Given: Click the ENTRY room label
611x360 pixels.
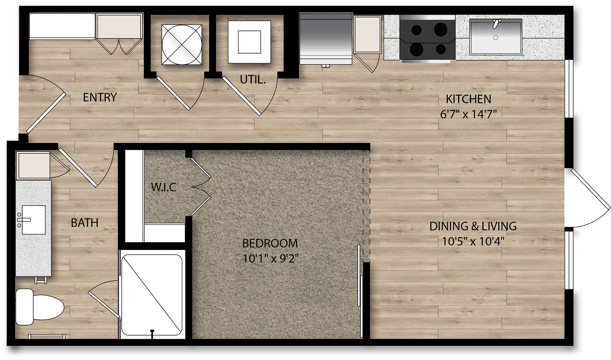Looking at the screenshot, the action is [100, 97].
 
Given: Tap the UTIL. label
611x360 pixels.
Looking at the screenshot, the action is [253, 80].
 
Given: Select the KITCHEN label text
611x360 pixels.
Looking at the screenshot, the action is [468, 99].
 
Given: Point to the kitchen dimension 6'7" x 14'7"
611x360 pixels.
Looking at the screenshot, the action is [468, 114].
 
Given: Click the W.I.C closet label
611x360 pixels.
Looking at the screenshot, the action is [163, 187].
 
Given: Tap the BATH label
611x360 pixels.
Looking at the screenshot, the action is [85, 223].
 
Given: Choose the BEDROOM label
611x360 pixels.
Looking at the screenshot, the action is [270, 243].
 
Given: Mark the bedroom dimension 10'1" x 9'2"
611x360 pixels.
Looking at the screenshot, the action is [270, 259].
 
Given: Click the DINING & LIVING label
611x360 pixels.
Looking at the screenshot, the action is [473, 226].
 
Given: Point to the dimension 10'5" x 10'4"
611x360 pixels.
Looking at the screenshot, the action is [473, 242].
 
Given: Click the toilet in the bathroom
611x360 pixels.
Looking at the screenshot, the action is [39, 307].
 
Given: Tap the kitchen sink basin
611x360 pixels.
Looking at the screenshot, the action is [496, 37].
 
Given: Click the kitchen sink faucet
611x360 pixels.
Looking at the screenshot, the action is [496, 24].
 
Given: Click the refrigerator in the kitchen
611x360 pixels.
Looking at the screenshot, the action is [326, 38].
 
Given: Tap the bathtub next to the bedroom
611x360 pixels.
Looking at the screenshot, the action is [152, 294].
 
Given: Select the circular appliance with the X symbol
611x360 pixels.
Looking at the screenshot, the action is [182, 45].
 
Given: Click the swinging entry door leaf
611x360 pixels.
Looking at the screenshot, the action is [46, 113].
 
